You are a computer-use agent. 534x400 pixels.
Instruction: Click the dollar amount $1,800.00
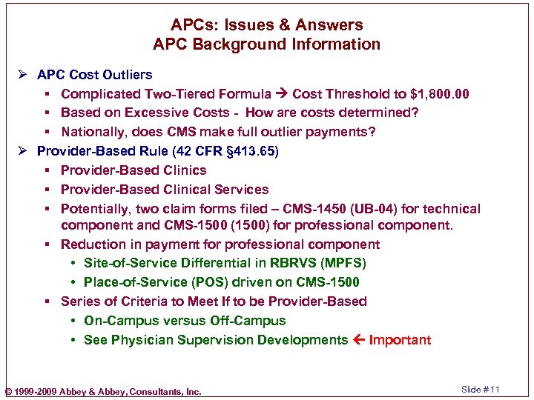pyautogui.click(x=433, y=94)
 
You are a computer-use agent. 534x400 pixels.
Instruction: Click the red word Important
pyautogui.click(x=400, y=340)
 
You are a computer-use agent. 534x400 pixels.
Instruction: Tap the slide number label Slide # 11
pyautogui.click(x=481, y=390)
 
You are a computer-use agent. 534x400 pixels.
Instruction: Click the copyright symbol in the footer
pyautogui.click(x=8, y=391)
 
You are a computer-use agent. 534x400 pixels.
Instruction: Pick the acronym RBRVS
pyautogui.click(x=293, y=263)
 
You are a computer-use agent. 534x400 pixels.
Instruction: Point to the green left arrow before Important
pyautogui.click(x=359, y=340)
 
